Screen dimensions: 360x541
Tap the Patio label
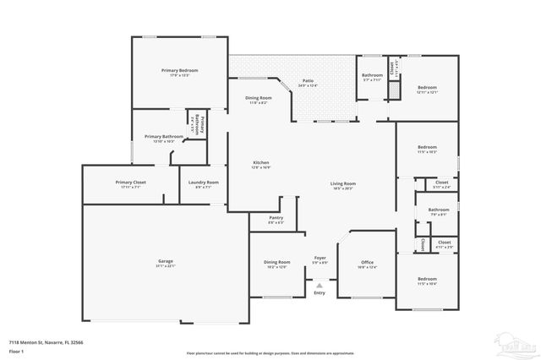[x=309, y=81]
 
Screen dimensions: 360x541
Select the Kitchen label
[x=261, y=163]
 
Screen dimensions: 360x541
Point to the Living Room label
[x=342, y=183]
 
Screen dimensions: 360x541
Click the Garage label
[x=165, y=261]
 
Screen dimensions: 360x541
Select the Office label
[x=367, y=262]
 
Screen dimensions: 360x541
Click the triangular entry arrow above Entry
[x=319, y=286]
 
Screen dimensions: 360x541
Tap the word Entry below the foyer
[x=319, y=293]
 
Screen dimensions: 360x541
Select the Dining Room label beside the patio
[x=260, y=98]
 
